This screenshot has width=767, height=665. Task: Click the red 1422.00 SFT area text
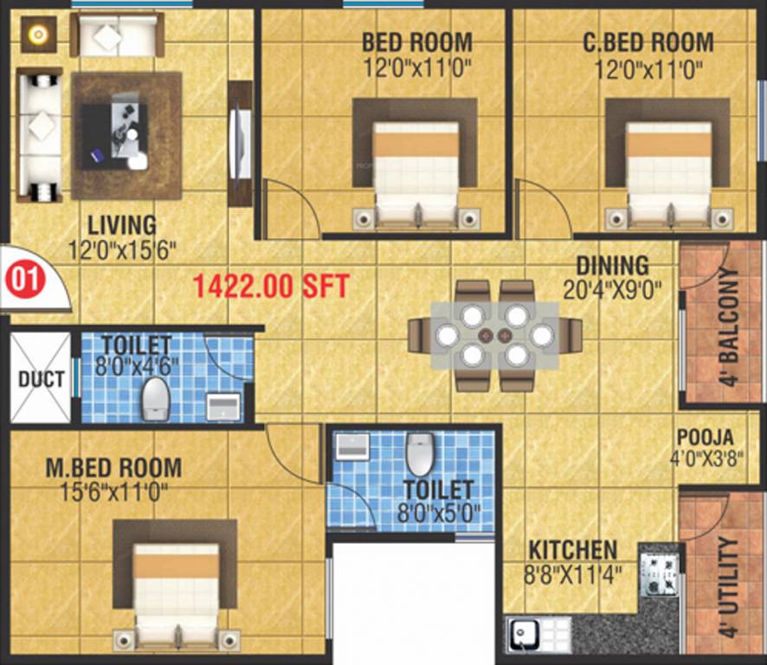[270, 286]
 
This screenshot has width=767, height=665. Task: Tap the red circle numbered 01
[24, 280]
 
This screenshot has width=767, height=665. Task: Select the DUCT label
[41, 379]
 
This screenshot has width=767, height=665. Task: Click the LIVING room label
[121, 225]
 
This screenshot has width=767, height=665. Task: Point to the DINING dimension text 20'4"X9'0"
[612, 289]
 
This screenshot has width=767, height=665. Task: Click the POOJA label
[706, 437]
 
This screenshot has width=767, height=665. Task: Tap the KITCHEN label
[573, 550]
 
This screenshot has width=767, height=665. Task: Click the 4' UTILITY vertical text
[729, 586]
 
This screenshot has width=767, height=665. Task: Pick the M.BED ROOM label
[113, 468]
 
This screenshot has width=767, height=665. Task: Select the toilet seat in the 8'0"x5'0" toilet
[419, 454]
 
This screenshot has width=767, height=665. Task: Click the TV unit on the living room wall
[240, 143]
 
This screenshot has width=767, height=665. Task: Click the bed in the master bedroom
[176, 589]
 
